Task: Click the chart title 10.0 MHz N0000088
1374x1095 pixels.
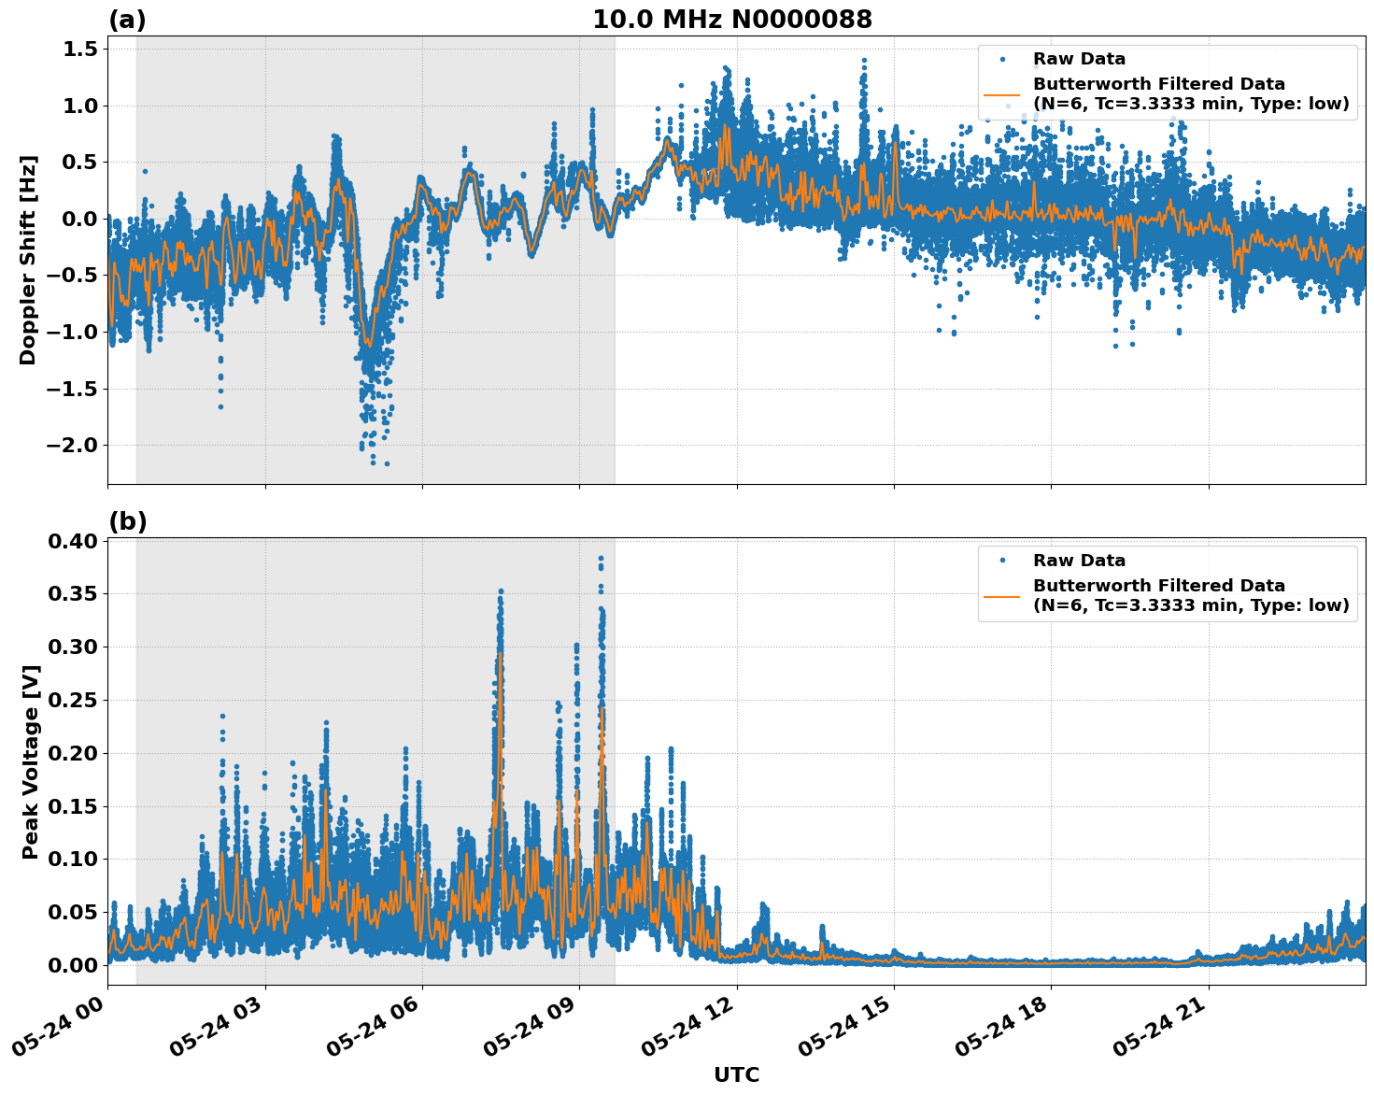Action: point(731,20)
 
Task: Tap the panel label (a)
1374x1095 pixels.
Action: point(127,20)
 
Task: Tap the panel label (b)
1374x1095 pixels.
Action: point(127,521)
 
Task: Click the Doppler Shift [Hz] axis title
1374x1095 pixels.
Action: point(28,260)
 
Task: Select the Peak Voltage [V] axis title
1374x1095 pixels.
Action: point(31,761)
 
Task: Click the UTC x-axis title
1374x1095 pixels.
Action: point(736,1074)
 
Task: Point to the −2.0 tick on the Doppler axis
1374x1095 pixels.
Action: point(71,445)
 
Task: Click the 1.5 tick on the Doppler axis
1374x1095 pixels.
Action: point(80,49)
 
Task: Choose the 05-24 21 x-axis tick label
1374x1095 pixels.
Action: point(1165,1027)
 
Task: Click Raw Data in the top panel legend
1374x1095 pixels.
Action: point(1078,59)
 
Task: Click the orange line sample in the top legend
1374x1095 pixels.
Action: point(1001,93)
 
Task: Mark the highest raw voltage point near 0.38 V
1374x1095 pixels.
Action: point(601,558)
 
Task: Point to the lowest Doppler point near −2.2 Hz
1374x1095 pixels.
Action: point(387,463)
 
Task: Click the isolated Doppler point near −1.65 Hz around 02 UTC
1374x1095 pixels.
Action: point(220,406)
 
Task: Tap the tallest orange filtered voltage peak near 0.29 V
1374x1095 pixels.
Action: point(501,654)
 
